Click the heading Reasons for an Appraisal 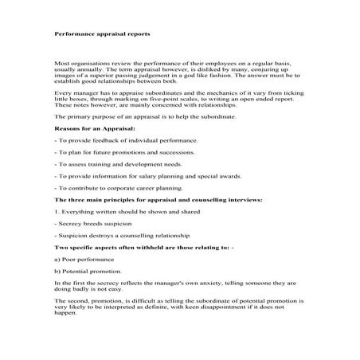pyautogui.click(x=94, y=127)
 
